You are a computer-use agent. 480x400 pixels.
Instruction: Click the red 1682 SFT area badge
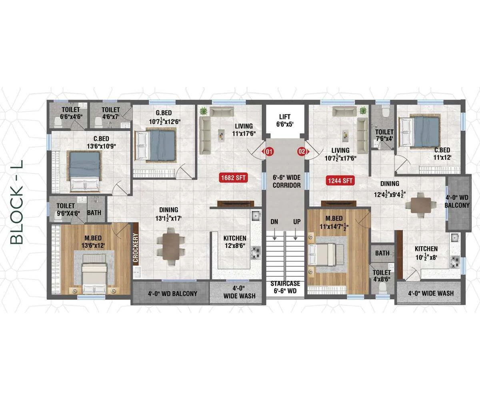[233, 178]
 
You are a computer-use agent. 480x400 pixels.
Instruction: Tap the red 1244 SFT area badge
[340, 180]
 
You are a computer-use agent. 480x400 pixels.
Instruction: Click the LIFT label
[285, 117]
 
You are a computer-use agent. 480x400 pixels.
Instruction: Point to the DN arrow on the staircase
[274, 235]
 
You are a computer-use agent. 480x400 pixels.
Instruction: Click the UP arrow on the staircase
[296, 235]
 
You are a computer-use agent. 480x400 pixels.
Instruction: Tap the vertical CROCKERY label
[136, 248]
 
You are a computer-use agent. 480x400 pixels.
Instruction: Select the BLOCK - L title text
[17, 202]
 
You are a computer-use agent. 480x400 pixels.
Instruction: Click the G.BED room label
[164, 113]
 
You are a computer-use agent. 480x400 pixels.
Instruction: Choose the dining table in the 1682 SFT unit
[170, 246]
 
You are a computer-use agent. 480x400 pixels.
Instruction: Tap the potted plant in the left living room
[204, 111]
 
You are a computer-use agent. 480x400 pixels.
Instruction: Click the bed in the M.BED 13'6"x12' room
[94, 274]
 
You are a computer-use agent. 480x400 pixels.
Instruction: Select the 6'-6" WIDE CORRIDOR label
[287, 181]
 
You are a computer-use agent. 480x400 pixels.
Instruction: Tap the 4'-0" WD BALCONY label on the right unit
[457, 201]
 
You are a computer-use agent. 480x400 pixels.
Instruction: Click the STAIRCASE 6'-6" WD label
[285, 287]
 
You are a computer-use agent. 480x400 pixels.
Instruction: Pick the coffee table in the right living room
[345, 135]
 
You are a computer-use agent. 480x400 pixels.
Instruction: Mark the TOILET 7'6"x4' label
[384, 136]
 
